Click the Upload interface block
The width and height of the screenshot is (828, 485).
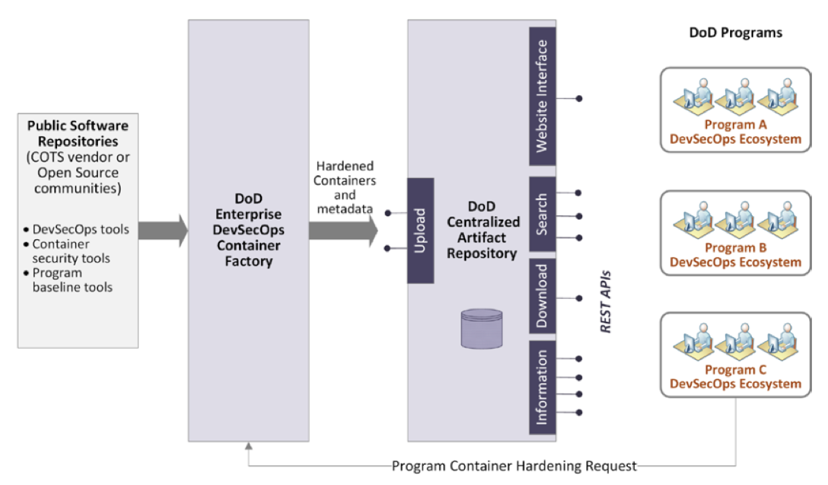(x=420, y=231)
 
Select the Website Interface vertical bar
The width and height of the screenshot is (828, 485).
(x=543, y=96)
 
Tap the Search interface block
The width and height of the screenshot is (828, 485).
(x=543, y=214)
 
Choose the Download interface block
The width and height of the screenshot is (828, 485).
(x=543, y=296)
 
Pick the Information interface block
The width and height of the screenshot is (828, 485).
(x=543, y=387)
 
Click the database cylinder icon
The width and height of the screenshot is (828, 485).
(x=481, y=329)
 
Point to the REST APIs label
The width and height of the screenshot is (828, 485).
(x=606, y=302)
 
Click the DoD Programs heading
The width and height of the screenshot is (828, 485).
(x=736, y=33)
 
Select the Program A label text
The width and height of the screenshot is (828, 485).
(x=736, y=124)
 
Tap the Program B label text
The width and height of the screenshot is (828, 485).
(x=736, y=248)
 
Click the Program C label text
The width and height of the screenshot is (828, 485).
(x=736, y=370)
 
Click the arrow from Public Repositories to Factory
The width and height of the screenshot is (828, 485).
(x=163, y=231)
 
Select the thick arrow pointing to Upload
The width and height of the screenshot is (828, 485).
(x=343, y=231)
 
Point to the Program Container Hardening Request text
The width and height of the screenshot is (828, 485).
(x=514, y=466)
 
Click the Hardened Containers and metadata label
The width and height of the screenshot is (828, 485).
(x=345, y=188)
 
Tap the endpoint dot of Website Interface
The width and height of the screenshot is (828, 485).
(x=579, y=99)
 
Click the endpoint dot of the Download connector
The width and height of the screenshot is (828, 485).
(x=579, y=299)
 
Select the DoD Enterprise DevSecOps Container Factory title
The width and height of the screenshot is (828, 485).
(x=248, y=230)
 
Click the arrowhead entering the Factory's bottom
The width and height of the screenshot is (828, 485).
(x=249, y=446)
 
